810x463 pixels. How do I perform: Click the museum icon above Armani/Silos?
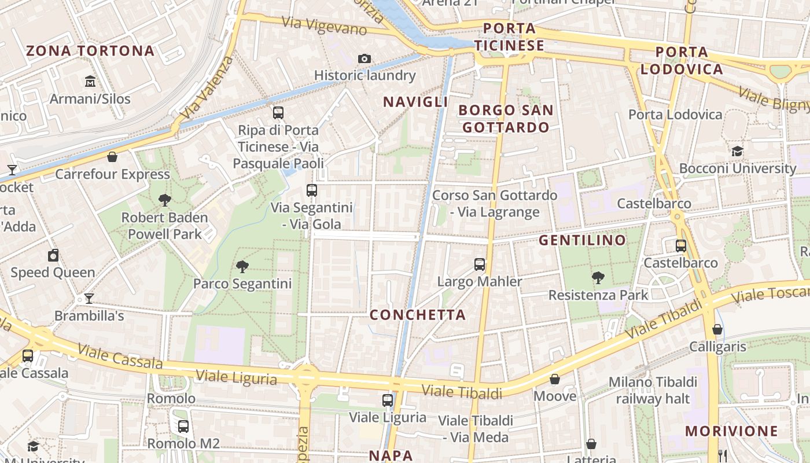coord(90,81)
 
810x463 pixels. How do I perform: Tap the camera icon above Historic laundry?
coord(365,58)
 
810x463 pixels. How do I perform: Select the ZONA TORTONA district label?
coord(90,51)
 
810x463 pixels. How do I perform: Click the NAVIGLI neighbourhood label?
coord(415,102)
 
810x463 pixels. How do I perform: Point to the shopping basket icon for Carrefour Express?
coord(112,157)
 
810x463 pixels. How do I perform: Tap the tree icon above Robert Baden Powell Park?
coord(165,200)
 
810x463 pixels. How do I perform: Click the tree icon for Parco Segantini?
coord(242,267)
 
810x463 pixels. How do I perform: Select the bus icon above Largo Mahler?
coord(480,264)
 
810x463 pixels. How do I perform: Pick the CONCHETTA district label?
coord(418,315)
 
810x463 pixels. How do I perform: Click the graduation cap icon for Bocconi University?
coord(737,152)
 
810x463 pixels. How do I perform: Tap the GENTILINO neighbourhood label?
coord(583,240)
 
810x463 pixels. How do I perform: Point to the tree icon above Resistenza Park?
coord(598,278)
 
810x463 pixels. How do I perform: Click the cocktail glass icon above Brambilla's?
coord(89,299)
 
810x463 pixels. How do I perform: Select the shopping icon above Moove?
coord(555,379)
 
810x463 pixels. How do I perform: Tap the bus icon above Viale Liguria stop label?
coord(388,400)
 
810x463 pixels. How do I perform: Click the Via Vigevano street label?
coord(325,26)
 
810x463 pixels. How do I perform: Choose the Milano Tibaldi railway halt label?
coord(653,391)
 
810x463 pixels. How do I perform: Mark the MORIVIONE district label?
coord(732,431)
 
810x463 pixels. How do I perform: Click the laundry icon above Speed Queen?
coord(53,255)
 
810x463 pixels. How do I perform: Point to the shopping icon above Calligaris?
coord(717,329)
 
